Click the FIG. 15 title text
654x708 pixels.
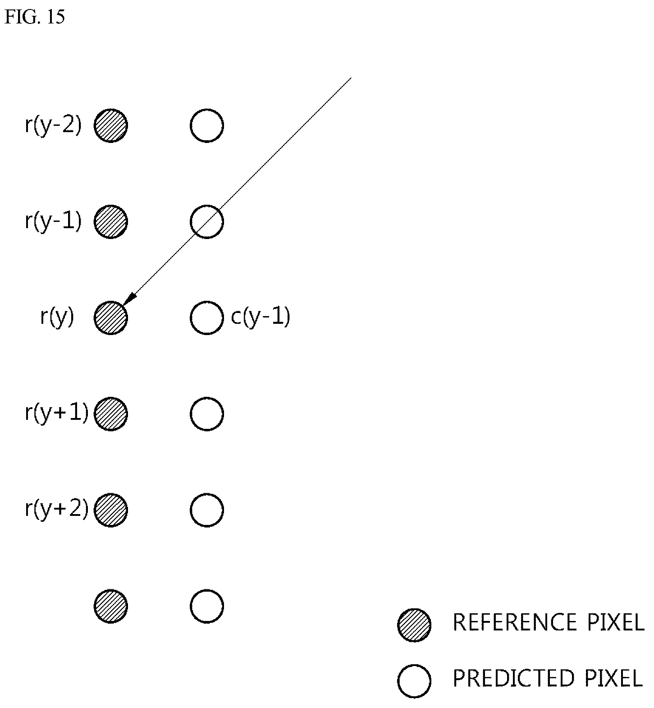[x=35, y=17]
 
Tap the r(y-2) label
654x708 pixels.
[x=53, y=125]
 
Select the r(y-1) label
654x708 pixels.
[x=53, y=221]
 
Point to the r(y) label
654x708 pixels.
[x=57, y=317]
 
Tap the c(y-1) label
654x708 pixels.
[x=260, y=317]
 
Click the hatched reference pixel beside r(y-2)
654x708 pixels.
[x=111, y=125]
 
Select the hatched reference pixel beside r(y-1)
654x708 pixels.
[x=111, y=221]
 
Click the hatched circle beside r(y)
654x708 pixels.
[x=111, y=317]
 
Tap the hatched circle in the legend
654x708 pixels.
[x=414, y=625]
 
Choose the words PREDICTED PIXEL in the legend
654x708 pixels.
[x=548, y=678]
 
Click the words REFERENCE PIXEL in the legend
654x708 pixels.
[x=549, y=623]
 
